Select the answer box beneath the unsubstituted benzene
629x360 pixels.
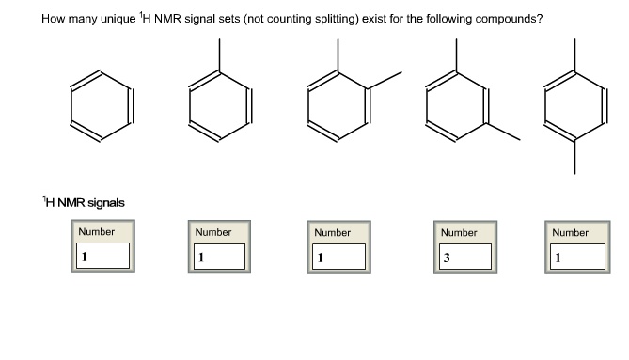click(103, 256)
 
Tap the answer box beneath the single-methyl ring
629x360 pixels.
click(220, 256)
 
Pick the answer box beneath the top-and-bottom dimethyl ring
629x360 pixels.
click(577, 256)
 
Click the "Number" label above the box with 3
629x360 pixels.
click(459, 232)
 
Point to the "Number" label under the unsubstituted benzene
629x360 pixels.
click(97, 231)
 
